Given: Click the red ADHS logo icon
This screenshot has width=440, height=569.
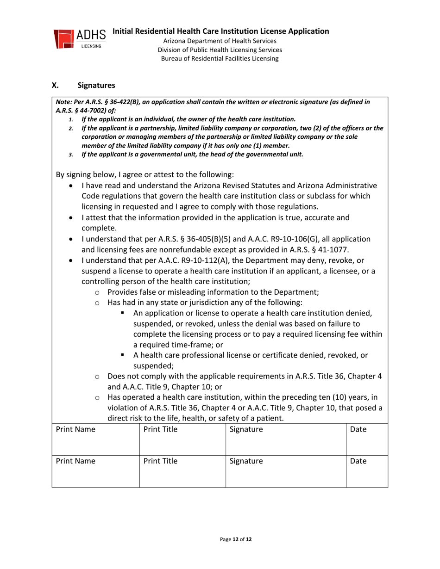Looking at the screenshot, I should pyautogui.click(x=63, y=39).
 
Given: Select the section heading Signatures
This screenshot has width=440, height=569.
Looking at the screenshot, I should pyautogui.click(x=96, y=85).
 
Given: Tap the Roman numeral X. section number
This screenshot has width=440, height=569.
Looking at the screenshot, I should pyautogui.click(x=55, y=85).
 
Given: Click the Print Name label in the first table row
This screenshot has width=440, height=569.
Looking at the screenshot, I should pyautogui.click(x=75, y=430).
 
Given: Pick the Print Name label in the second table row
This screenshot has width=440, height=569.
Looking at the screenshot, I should pyautogui.click(x=75, y=461).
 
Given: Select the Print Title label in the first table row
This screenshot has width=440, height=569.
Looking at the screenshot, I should pyautogui.click(x=161, y=430).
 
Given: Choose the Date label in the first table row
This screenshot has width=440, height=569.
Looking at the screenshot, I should pyautogui.click(x=358, y=430).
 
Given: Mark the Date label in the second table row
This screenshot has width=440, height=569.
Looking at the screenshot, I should pyautogui.click(x=358, y=461).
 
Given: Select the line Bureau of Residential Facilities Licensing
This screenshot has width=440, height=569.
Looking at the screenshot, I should pyautogui.click(x=220, y=59).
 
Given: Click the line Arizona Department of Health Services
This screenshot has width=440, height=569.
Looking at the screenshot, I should pyautogui.click(x=220, y=41).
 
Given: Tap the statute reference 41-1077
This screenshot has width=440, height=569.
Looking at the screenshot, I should pyautogui.click(x=332, y=250).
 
